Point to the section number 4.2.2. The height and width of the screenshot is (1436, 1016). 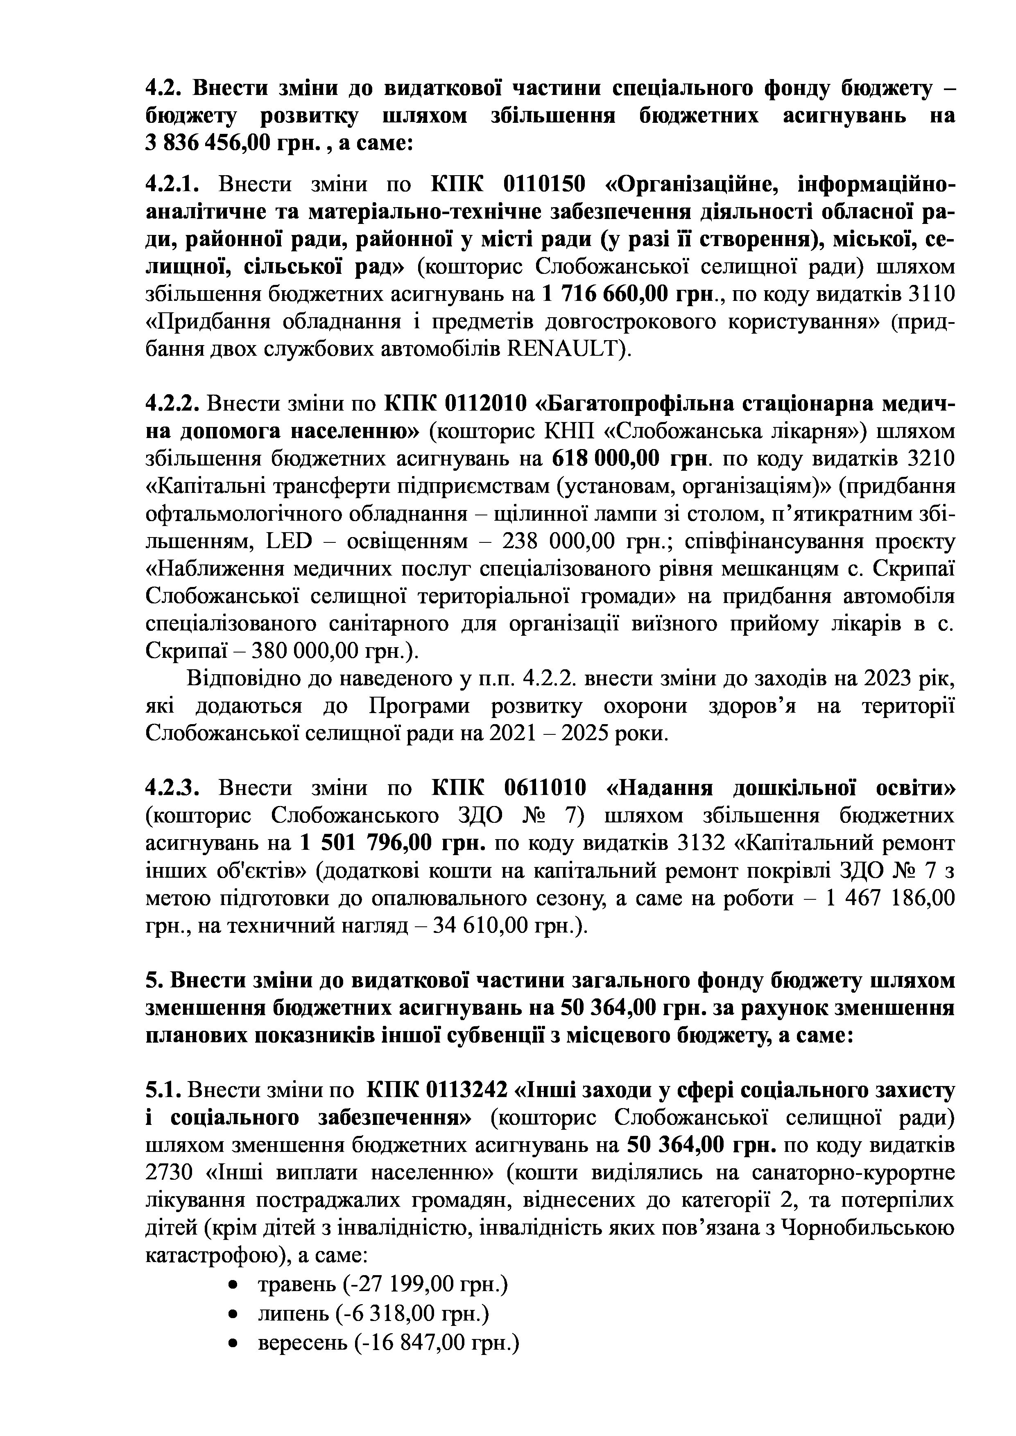tap(172, 403)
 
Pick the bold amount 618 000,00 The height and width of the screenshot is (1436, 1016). tap(606, 458)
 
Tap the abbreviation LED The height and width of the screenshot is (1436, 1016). tap(288, 540)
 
